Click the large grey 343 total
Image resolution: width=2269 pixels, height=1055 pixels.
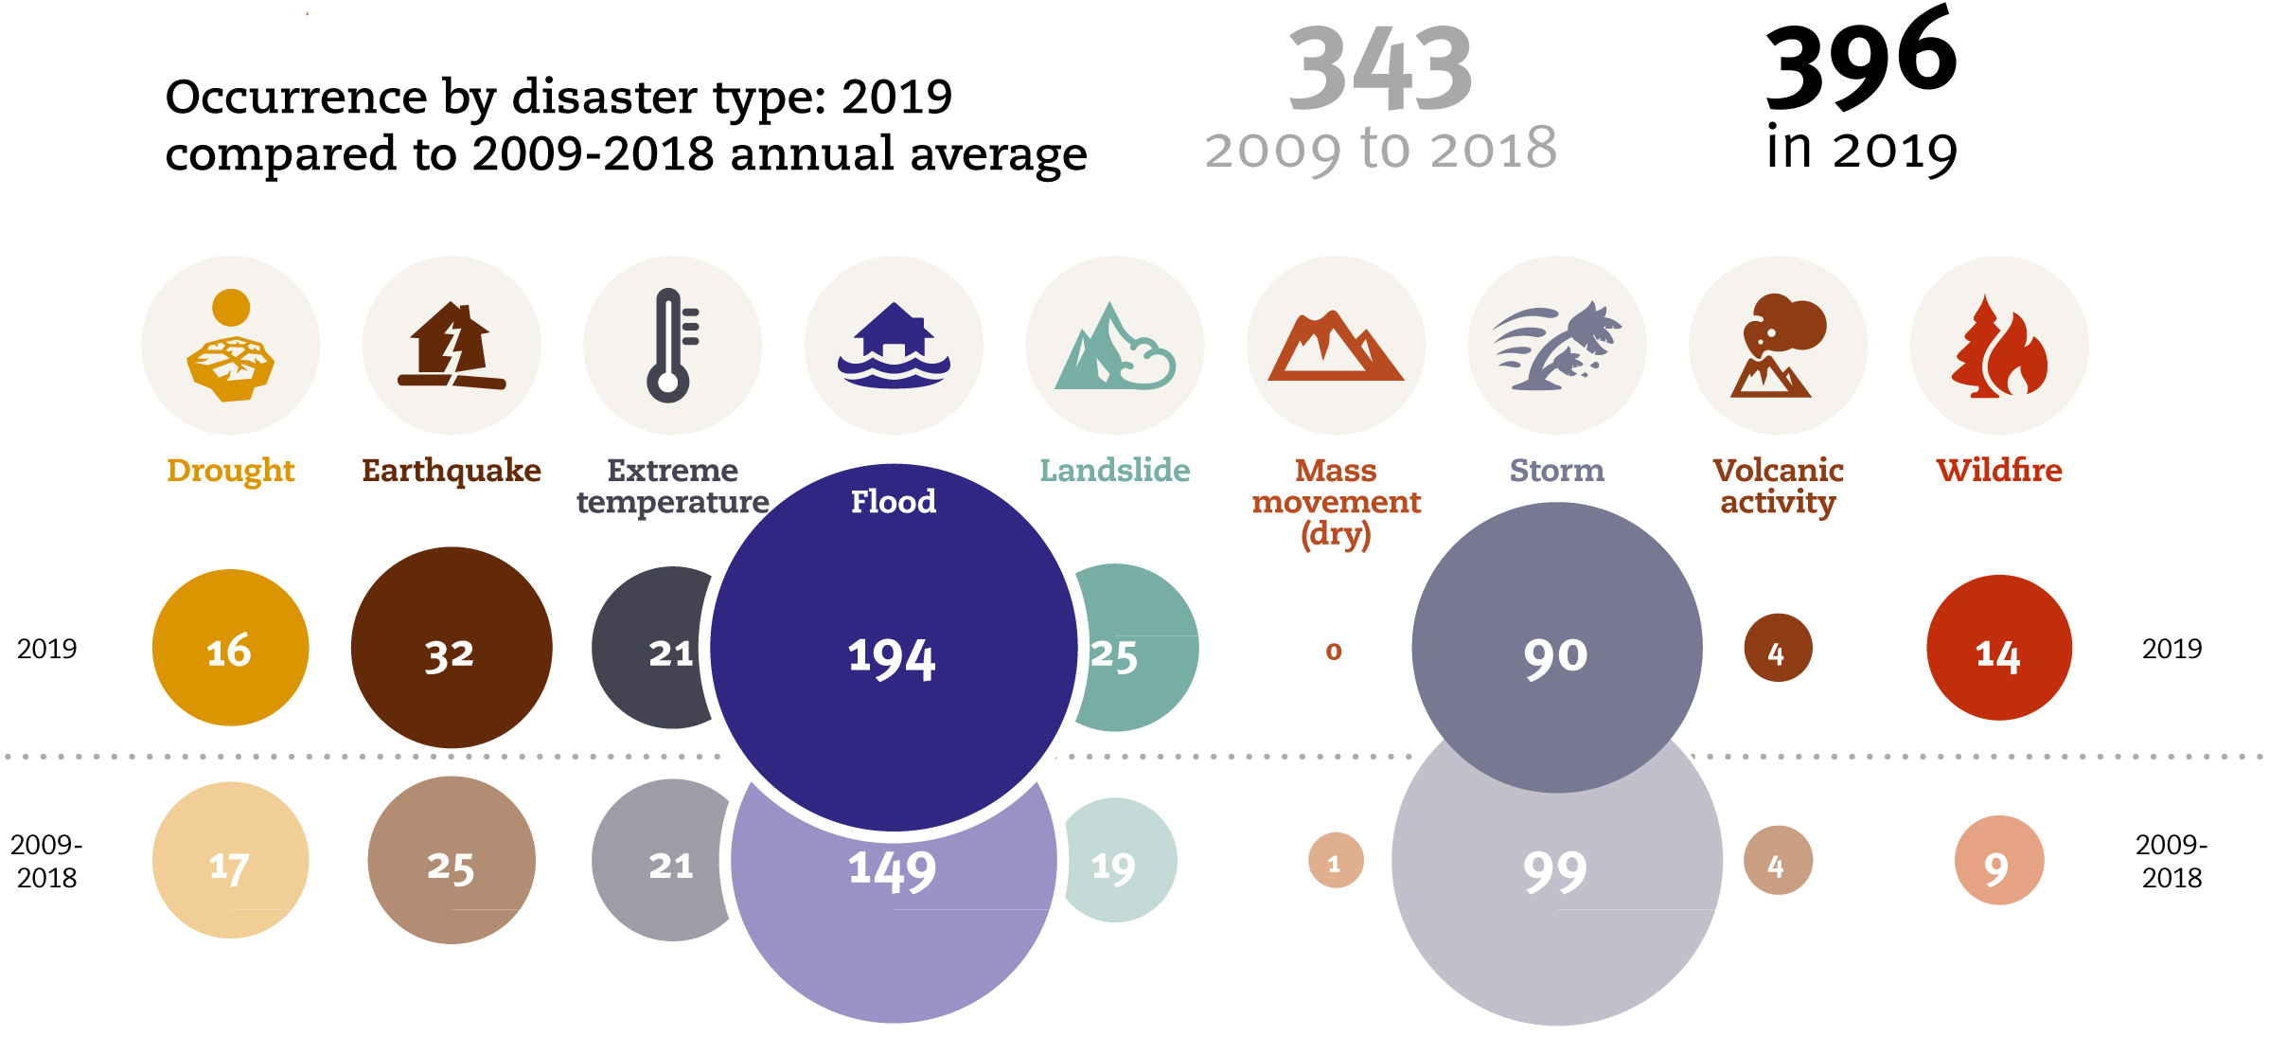click(1379, 69)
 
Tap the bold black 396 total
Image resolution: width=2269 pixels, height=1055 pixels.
click(1860, 59)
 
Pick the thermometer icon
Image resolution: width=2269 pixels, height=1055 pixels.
click(671, 346)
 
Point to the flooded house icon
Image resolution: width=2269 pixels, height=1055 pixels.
click(894, 346)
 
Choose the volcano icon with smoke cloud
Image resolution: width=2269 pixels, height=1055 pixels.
click(1778, 346)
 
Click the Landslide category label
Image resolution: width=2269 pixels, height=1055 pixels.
click(1114, 471)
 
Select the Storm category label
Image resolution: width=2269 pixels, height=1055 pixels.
click(1556, 471)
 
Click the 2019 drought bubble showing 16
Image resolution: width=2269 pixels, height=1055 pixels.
click(230, 649)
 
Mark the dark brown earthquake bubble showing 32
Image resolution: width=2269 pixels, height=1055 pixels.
click(451, 649)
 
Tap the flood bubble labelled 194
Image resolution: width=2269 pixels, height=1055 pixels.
click(893, 653)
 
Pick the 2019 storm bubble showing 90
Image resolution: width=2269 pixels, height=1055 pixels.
click(1556, 649)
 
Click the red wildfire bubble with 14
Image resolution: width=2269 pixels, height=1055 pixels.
click(1998, 649)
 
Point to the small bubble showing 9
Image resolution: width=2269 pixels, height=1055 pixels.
click(1998, 861)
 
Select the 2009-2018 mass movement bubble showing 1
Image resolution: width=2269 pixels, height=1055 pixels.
click(1336, 861)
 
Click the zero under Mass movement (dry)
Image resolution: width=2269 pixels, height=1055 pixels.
click(1334, 651)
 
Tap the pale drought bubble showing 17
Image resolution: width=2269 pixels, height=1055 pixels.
click(230, 861)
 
